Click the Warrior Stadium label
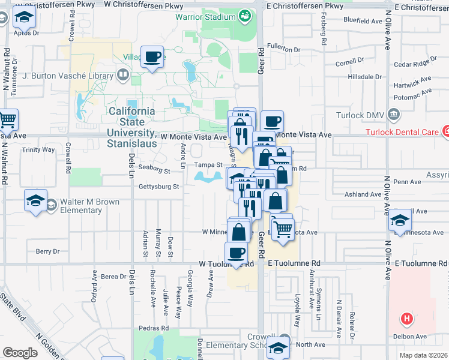[x=205, y=17]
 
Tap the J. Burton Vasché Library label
[x=67, y=76]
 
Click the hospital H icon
[x=407, y=319]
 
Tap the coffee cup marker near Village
[x=152, y=58]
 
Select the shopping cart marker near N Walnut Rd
[x=7, y=120]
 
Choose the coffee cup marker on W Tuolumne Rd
[x=237, y=253]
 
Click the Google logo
[x=20, y=353]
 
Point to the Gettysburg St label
[x=160, y=187]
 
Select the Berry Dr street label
[x=48, y=252]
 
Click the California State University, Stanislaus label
[x=131, y=127]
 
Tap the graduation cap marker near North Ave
[x=278, y=347]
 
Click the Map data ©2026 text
[x=423, y=355]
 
